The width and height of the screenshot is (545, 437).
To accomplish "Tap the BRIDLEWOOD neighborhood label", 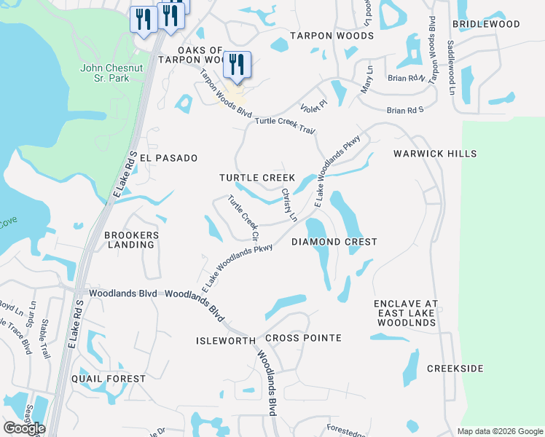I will [486, 24].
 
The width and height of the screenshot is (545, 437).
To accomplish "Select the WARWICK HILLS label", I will [435, 154].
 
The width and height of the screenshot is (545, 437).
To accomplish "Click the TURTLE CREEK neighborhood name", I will [257, 178].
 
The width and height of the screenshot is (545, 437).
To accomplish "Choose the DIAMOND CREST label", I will [334, 242].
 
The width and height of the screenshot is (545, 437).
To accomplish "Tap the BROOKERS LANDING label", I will [131, 240].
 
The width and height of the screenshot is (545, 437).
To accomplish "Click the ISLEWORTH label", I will [226, 341].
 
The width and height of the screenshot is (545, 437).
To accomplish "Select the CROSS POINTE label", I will [303, 338].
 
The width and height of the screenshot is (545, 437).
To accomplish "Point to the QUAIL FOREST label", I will [109, 379].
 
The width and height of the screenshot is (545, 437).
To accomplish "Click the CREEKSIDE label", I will [455, 369].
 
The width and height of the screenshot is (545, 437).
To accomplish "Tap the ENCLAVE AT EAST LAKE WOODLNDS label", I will [405, 312].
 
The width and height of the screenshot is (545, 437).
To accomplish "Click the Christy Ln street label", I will [289, 205].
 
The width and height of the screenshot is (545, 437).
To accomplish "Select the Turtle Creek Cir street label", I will [243, 218].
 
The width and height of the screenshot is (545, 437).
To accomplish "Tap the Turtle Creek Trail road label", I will [285, 125].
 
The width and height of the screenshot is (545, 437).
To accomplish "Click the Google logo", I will [24, 428].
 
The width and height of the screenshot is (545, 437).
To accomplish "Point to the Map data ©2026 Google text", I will [499, 431].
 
